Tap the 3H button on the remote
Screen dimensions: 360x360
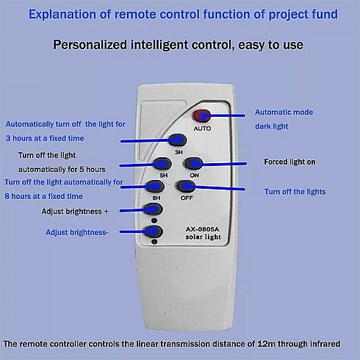(x=178, y=140)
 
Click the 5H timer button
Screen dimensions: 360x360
(x=162, y=164)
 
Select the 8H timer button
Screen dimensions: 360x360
(x=156, y=187)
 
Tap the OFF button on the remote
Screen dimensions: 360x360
(x=186, y=187)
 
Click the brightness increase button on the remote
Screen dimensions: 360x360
(x=154, y=209)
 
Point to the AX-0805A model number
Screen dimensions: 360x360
(x=202, y=229)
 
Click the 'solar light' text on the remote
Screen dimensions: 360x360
(x=203, y=237)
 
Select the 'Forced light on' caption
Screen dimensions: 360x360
(x=289, y=162)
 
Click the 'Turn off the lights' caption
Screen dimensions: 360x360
(x=295, y=192)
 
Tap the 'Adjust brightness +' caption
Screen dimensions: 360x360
(x=75, y=212)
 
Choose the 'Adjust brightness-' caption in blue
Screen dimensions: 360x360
(x=77, y=232)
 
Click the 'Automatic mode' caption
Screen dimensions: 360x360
(x=284, y=112)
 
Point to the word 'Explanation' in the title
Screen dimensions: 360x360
(x=62, y=15)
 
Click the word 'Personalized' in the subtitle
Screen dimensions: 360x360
(x=90, y=45)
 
